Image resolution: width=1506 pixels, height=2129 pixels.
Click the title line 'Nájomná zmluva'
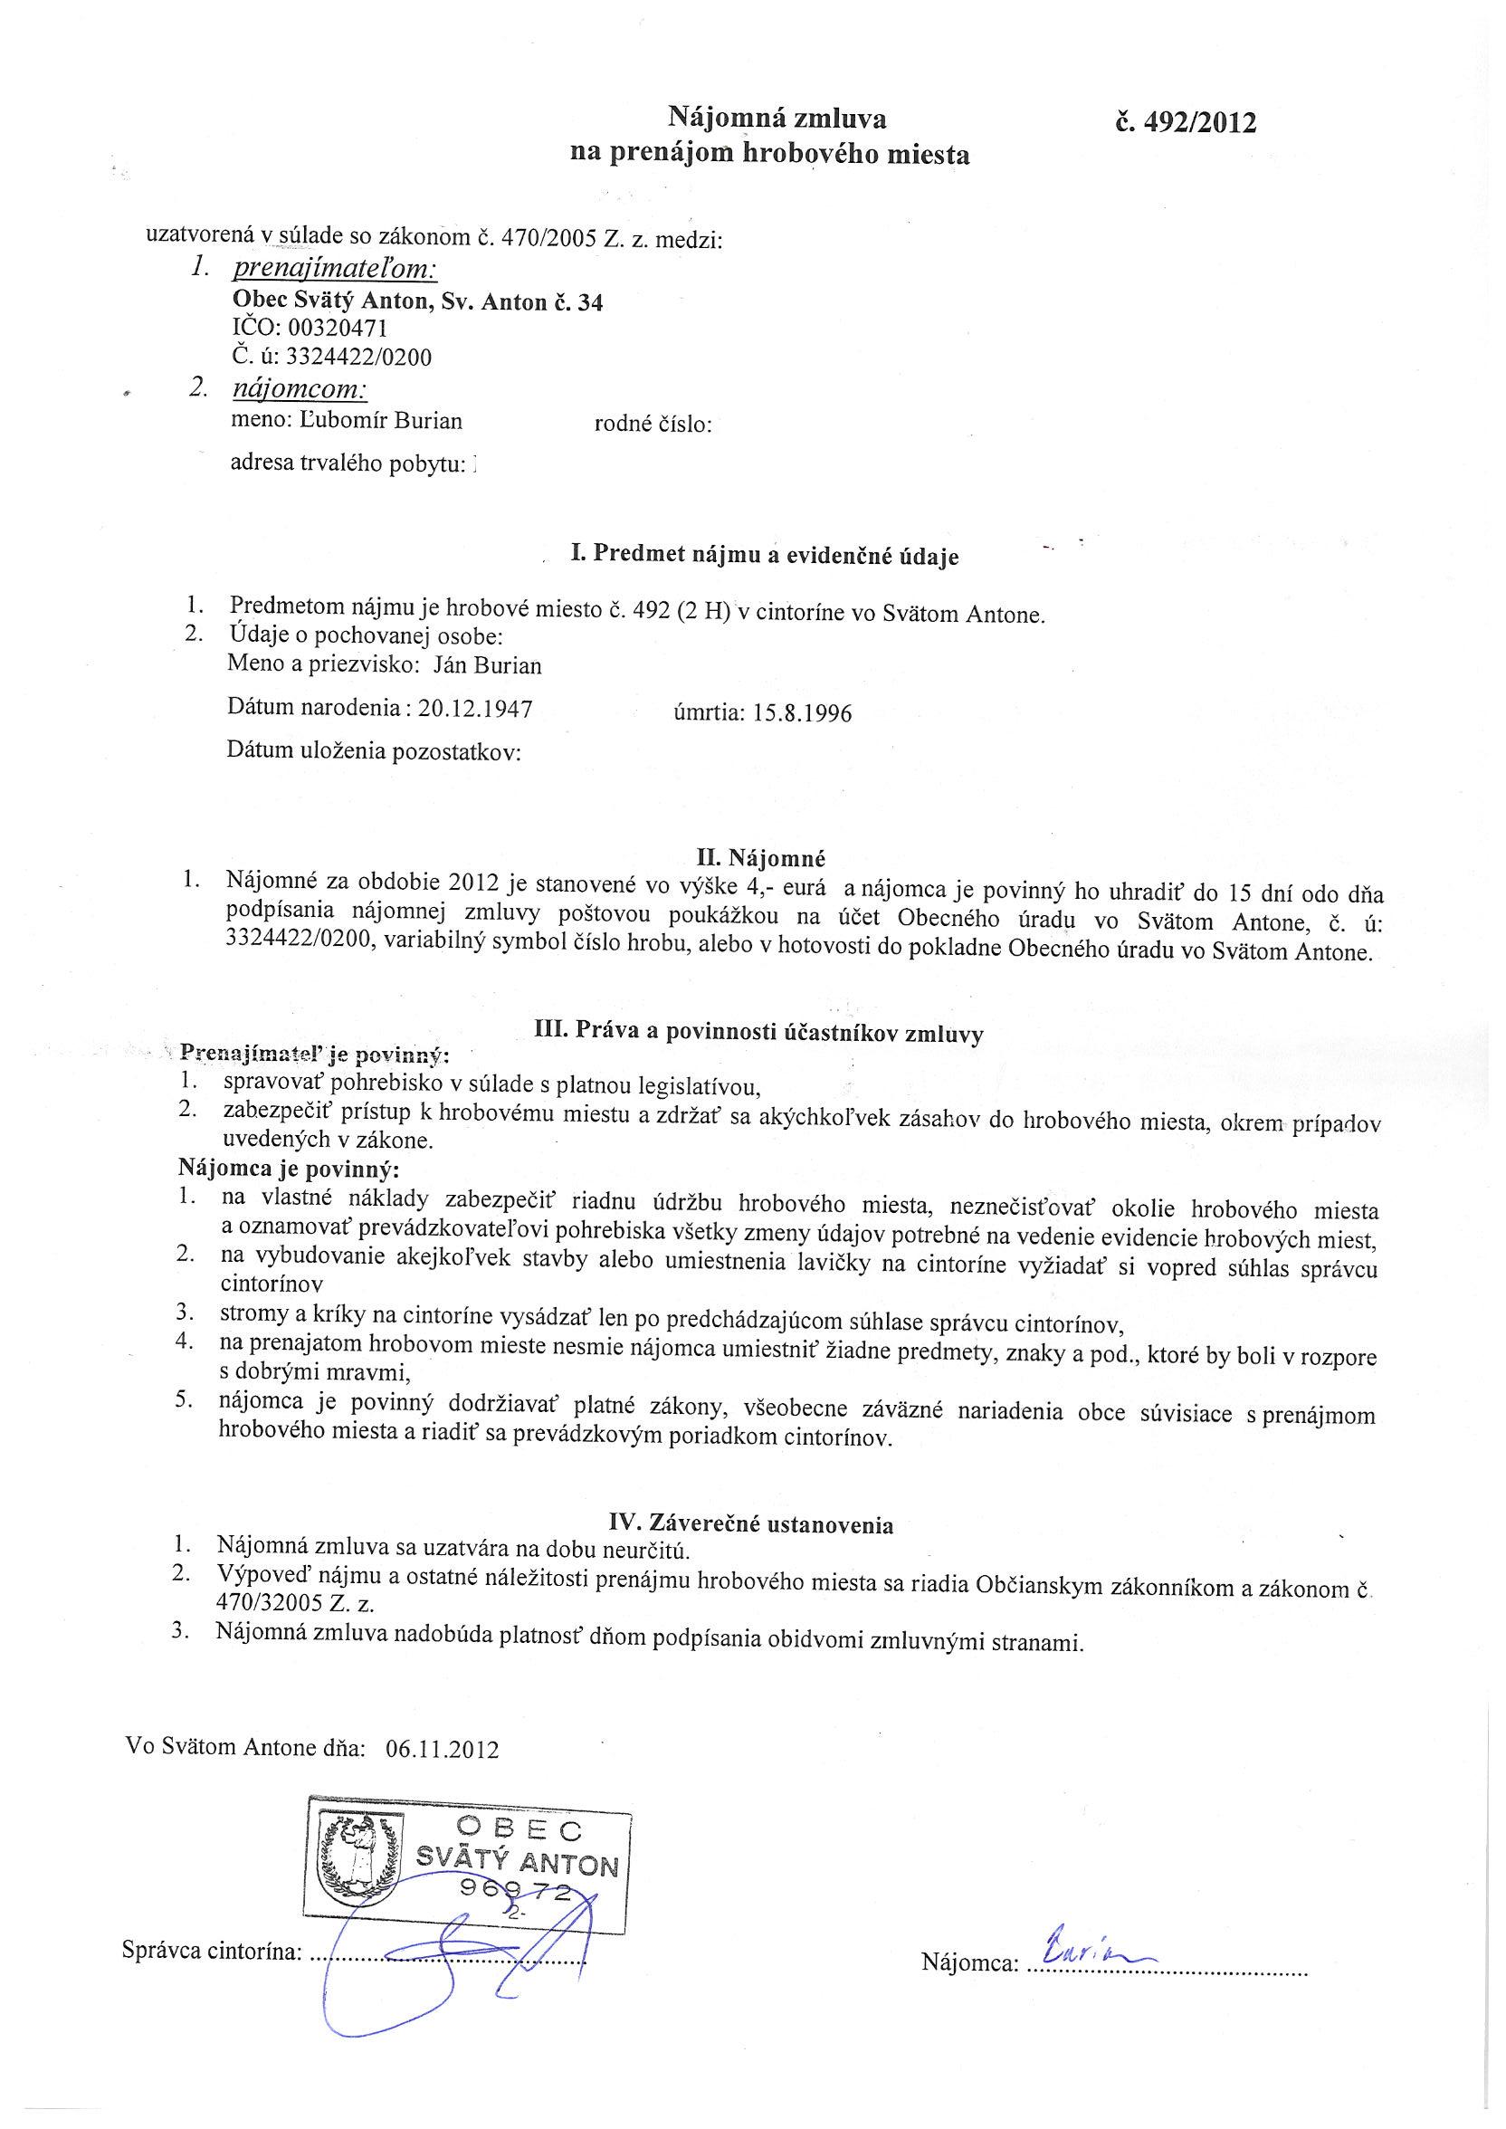pyautogui.click(x=777, y=118)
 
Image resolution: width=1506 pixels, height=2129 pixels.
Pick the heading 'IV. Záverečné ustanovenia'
pyautogui.click(x=751, y=1523)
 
